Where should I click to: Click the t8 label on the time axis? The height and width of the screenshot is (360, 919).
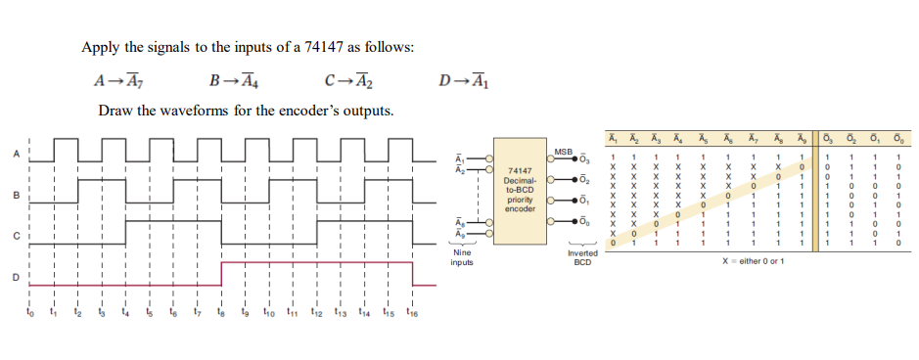[221, 315]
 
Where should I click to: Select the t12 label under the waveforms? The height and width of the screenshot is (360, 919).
[315, 315]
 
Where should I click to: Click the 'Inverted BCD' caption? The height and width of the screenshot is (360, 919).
[583, 257]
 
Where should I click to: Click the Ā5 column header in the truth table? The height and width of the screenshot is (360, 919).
[704, 137]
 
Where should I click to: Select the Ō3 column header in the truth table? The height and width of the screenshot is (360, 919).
[827, 137]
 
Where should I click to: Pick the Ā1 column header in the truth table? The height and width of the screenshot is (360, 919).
[613, 137]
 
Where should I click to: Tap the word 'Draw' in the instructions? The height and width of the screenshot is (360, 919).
[115, 110]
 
